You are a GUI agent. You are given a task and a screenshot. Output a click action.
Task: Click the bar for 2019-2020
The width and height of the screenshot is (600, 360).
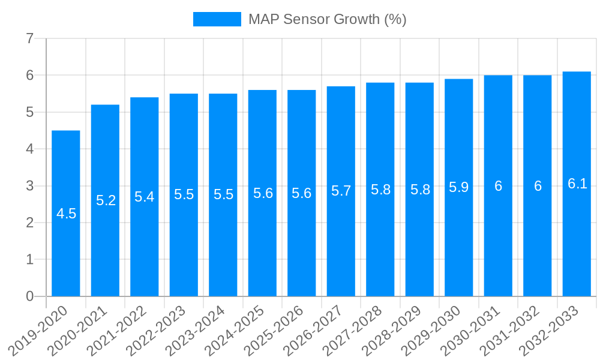pyautogui.click(x=66, y=213)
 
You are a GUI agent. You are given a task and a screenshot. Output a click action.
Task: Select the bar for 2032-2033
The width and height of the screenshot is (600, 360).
pyautogui.click(x=577, y=184)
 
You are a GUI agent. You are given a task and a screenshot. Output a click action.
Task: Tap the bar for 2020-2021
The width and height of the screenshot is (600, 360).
pyautogui.click(x=105, y=200)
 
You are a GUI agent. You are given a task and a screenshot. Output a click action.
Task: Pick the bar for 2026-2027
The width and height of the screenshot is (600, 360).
pyautogui.click(x=341, y=191)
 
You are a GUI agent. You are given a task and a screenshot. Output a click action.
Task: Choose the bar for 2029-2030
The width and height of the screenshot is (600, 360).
pyautogui.click(x=459, y=187)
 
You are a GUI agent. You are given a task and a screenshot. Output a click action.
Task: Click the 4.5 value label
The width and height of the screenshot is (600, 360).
pyautogui.click(x=66, y=214)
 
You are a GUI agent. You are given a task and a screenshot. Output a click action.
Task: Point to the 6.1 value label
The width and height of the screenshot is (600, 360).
pyautogui.click(x=577, y=184)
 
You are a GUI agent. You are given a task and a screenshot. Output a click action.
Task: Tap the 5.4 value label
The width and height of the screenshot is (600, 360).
pyautogui.click(x=145, y=197)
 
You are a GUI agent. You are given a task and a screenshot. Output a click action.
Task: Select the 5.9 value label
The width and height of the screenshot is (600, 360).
pyautogui.click(x=459, y=187)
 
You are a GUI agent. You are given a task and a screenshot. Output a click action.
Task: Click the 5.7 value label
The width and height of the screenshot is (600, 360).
pyautogui.click(x=341, y=191)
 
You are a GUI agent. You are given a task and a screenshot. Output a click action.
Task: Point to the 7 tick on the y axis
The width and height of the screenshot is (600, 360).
pyautogui.click(x=29, y=39)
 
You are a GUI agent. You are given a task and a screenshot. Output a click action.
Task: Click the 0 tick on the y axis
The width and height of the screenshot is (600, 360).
pyautogui.click(x=29, y=296)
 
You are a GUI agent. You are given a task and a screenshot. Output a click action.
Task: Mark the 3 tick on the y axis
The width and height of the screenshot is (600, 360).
pyautogui.click(x=29, y=186)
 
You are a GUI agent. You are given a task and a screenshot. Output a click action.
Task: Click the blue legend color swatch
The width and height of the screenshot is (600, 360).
pyautogui.click(x=217, y=19)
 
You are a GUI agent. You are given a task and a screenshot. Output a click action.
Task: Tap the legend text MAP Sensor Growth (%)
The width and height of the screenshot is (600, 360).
pyautogui.click(x=328, y=19)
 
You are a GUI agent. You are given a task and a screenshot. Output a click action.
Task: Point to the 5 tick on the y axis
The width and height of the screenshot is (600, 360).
pyautogui.click(x=29, y=112)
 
